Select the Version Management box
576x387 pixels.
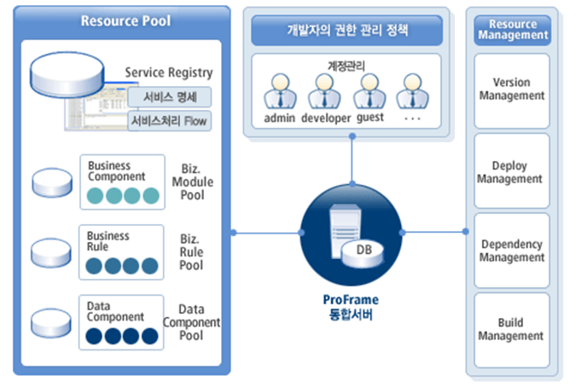point(511,89)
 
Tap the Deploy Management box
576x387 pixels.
point(511,171)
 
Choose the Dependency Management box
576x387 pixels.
point(511,251)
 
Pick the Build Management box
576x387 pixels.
point(511,329)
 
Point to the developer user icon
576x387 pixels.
point(325,90)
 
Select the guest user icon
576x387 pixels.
point(370,90)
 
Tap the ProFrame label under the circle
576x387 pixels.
point(351,301)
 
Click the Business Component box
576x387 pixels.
point(121,182)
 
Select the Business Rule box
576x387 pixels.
point(121,252)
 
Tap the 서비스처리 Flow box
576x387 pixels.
point(169,121)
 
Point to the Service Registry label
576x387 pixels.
point(169,73)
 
